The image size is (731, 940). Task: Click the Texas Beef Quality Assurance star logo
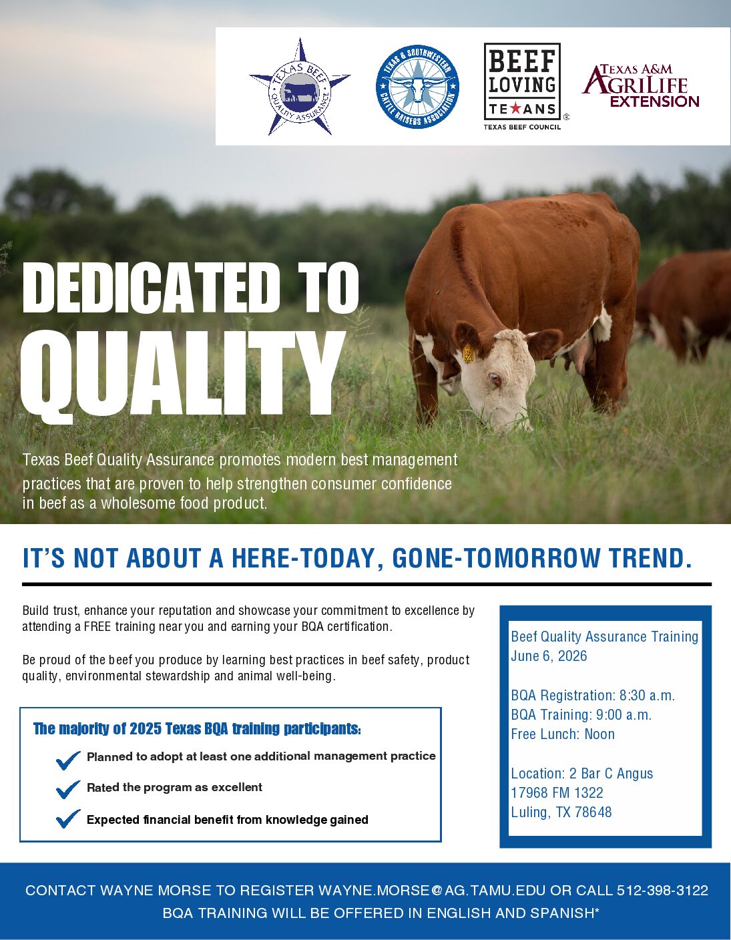coord(300,87)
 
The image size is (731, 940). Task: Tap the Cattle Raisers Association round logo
coord(417,87)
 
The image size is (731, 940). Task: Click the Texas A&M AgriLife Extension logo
coord(641,85)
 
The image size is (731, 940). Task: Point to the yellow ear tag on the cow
coord(469,353)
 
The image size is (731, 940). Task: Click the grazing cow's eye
coord(495,379)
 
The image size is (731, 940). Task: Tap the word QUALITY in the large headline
coord(182,376)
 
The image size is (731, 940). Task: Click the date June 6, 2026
coord(549,656)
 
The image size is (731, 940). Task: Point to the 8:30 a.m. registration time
coord(647,695)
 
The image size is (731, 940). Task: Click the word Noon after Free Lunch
coord(599,734)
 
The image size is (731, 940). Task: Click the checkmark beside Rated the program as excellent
coord(68,789)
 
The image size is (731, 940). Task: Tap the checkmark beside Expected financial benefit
coord(68,818)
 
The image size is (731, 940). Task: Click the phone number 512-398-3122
coord(662,890)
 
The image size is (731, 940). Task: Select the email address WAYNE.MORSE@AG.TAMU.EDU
coord(432,890)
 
